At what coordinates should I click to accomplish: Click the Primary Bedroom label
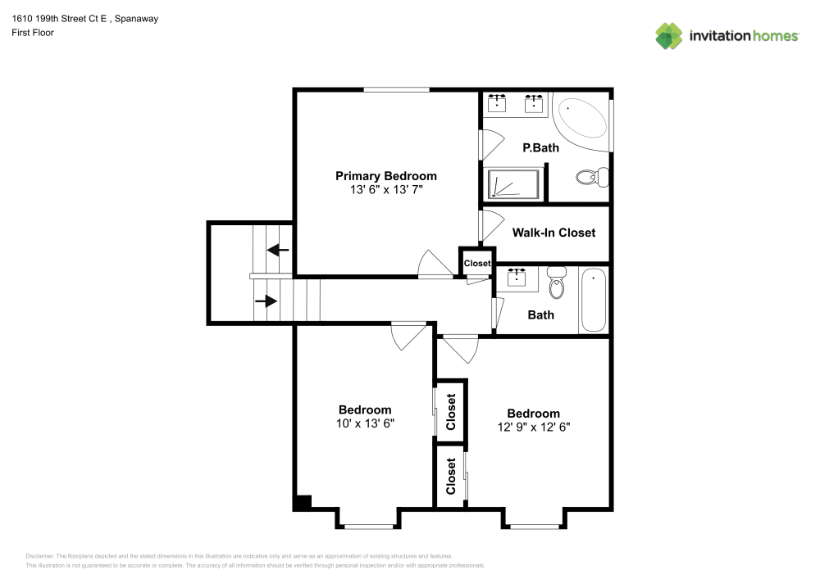click(x=386, y=176)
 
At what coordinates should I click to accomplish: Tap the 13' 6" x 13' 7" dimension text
click(x=386, y=189)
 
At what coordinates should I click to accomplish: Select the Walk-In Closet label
click(x=553, y=233)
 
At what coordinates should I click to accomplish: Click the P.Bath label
click(x=541, y=148)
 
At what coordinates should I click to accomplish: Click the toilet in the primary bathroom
click(x=591, y=176)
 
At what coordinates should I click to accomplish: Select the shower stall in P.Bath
click(x=514, y=184)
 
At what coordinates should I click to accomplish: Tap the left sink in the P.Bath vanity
click(x=497, y=104)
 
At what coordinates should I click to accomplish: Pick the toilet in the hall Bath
click(x=558, y=283)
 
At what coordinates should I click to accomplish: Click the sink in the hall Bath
click(x=518, y=278)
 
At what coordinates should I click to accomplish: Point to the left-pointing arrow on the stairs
click(x=279, y=251)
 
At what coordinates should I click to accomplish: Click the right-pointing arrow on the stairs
click(x=266, y=301)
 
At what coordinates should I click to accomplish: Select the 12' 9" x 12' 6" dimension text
click(x=533, y=427)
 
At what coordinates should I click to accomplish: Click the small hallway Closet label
click(x=477, y=264)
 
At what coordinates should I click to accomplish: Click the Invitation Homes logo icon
click(x=669, y=36)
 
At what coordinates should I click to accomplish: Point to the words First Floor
click(x=33, y=33)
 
